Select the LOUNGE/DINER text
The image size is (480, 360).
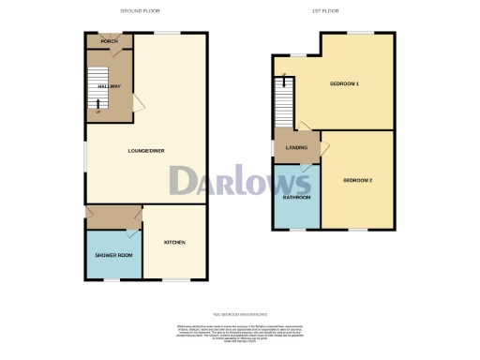tap(148, 149)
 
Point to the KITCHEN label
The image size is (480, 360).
tap(175, 243)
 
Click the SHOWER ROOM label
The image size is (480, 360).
tap(112, 256)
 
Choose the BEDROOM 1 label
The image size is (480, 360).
tap(345, 84)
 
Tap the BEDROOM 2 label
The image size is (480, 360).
tap(358, 180)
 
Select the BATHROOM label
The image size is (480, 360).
tap(297, 199)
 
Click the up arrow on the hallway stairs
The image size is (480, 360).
tap(97, 111)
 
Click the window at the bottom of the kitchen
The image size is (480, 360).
tap(175, 279)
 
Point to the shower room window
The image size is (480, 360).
tap(112, 279)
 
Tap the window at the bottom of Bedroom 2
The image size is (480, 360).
tap(358, 229)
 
